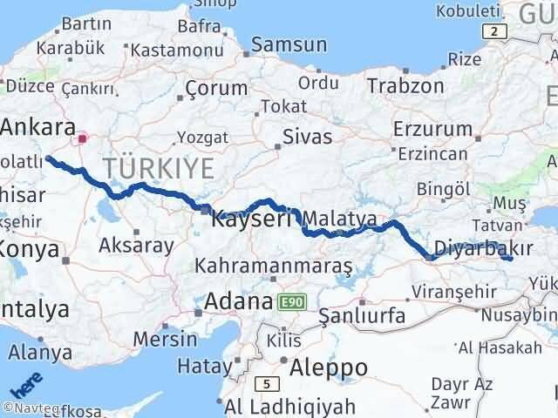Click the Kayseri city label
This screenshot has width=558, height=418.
pyautogui.click(x=251, y=221)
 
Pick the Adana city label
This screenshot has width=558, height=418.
pyautogui.click(x=238, y=302)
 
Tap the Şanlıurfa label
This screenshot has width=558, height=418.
pyautogui.click(x=362, y=315)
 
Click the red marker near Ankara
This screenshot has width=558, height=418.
pyautogui.click(x=83, y=138)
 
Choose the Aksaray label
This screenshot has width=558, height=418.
pyautogui.click(x=136, y=246)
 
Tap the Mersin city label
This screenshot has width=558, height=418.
pyautogui.click(x=166, y=338)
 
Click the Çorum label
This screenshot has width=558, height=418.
pyautogui.click(x=216, y=88)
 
